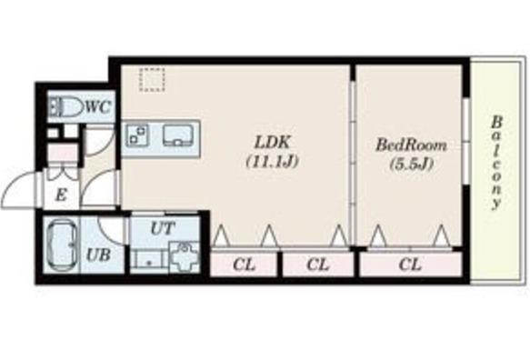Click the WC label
point(98,107)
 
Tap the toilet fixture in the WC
point(65,106)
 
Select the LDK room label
point(272,143)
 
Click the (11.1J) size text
point(273,162)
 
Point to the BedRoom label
point(411,145)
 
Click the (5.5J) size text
point(411,165)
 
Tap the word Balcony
point(495,163)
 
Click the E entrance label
point(61,195)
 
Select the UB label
point(98,255)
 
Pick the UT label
point(163,228)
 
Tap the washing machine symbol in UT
point(184,257)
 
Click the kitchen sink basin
point(178,135)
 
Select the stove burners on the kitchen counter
point(137,135)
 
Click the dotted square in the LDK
point(152,79)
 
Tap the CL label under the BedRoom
point(410,265)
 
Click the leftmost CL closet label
point(244,265)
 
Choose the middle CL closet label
point(317,265)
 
